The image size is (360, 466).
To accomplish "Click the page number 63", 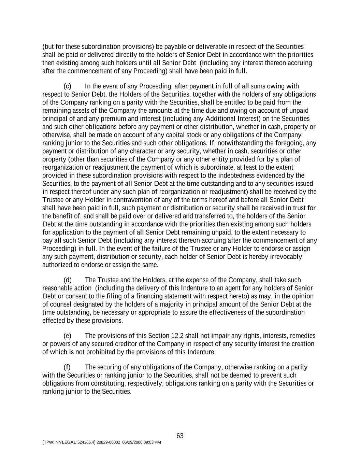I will (180, 436).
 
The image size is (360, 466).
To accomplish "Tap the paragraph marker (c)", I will (68, 86).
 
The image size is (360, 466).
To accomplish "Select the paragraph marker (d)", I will (68, 280).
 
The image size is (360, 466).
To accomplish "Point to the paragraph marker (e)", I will (68, 336).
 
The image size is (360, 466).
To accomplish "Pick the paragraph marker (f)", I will (67, 367).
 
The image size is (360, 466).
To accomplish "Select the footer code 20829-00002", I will (109, 442).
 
